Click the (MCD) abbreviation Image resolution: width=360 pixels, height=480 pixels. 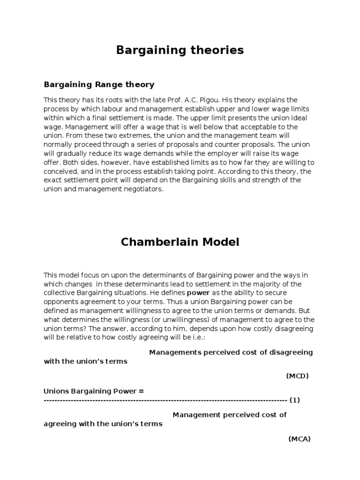297,376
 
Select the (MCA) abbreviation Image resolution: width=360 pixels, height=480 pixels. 299,439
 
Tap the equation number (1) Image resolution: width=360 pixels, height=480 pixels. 294,400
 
